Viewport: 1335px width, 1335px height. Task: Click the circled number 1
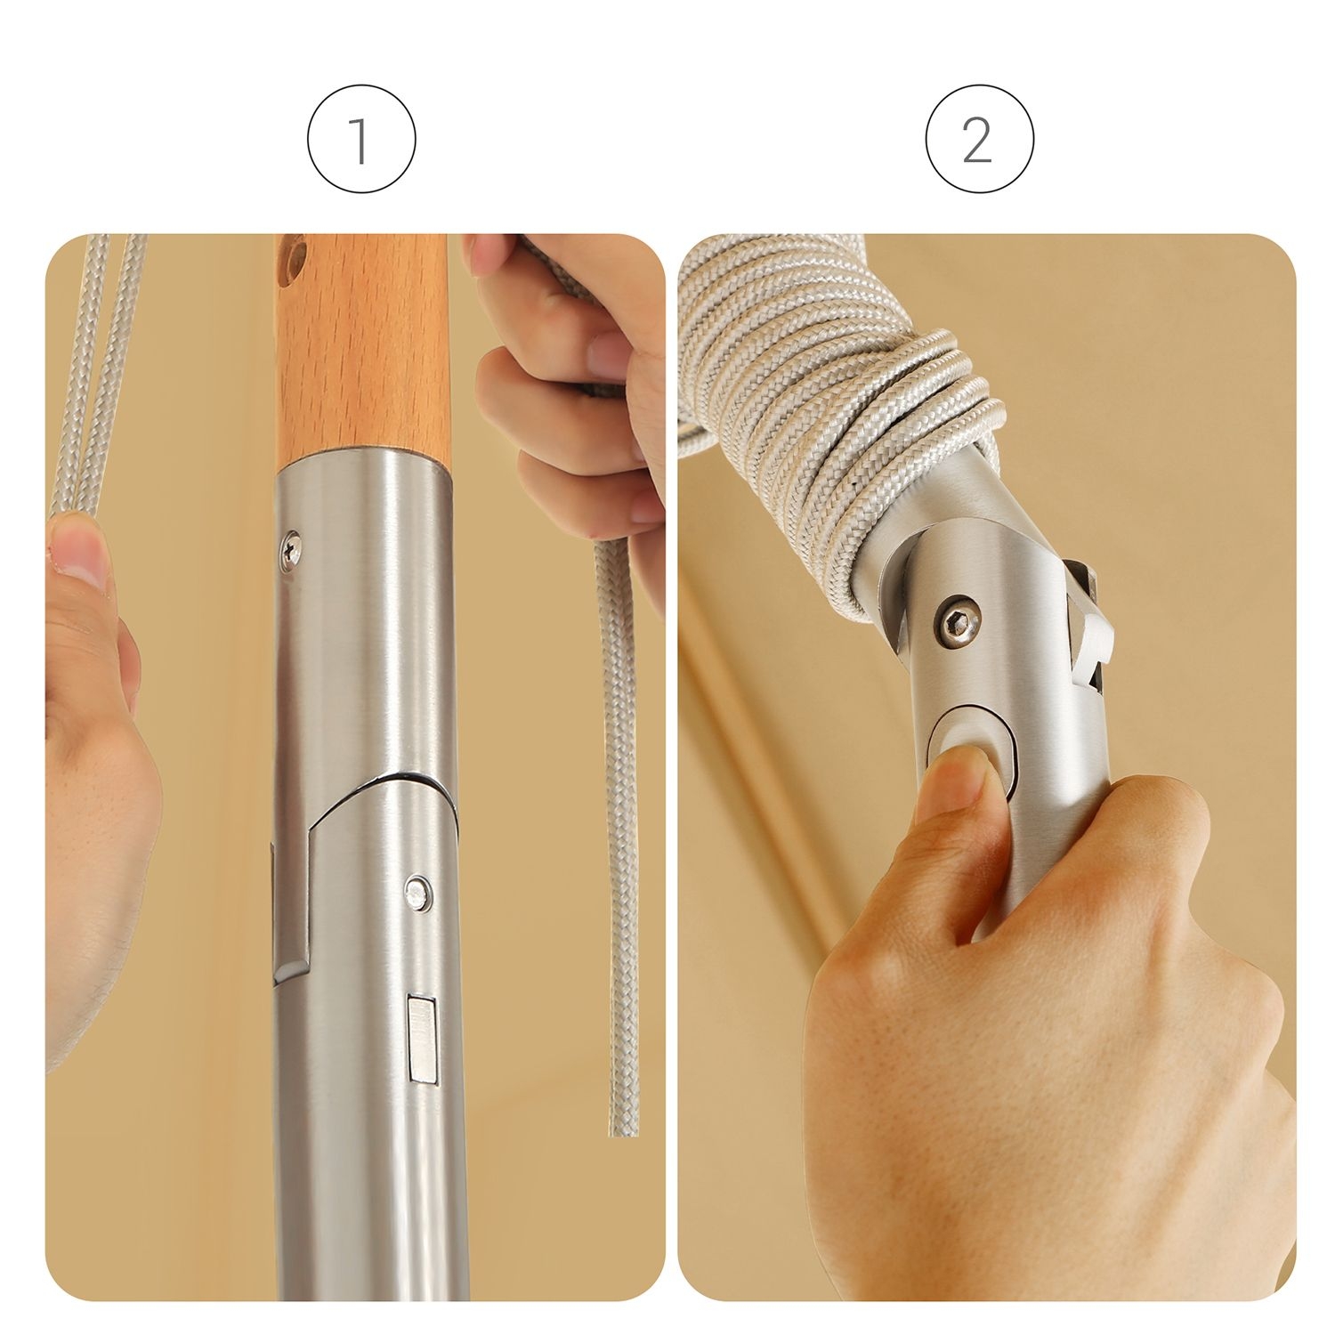click(x=361, y=139)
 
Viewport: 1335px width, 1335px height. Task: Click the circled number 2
click(x=979, y=139)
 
